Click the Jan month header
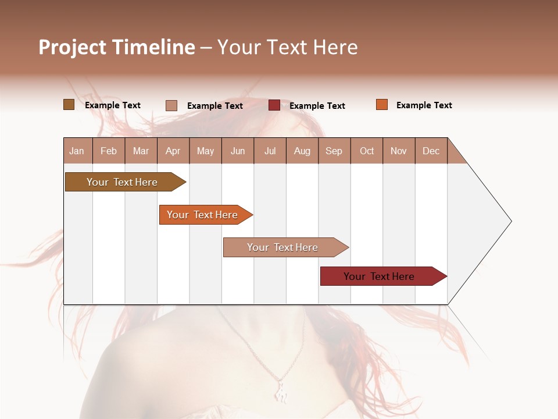point(77,151)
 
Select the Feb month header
point(109,151)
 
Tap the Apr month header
point(173,151)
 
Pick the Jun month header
point(238,151)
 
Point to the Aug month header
point(302,151)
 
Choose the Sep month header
point(334,151)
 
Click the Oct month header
point(367,151)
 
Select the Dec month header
point(431,151)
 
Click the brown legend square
point(69,105)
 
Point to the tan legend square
point(171,105)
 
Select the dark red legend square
point(274,105)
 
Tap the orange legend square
point(381,105)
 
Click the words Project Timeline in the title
point(117,47)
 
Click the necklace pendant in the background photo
point(281,390)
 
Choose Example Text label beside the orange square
point(424,105)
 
